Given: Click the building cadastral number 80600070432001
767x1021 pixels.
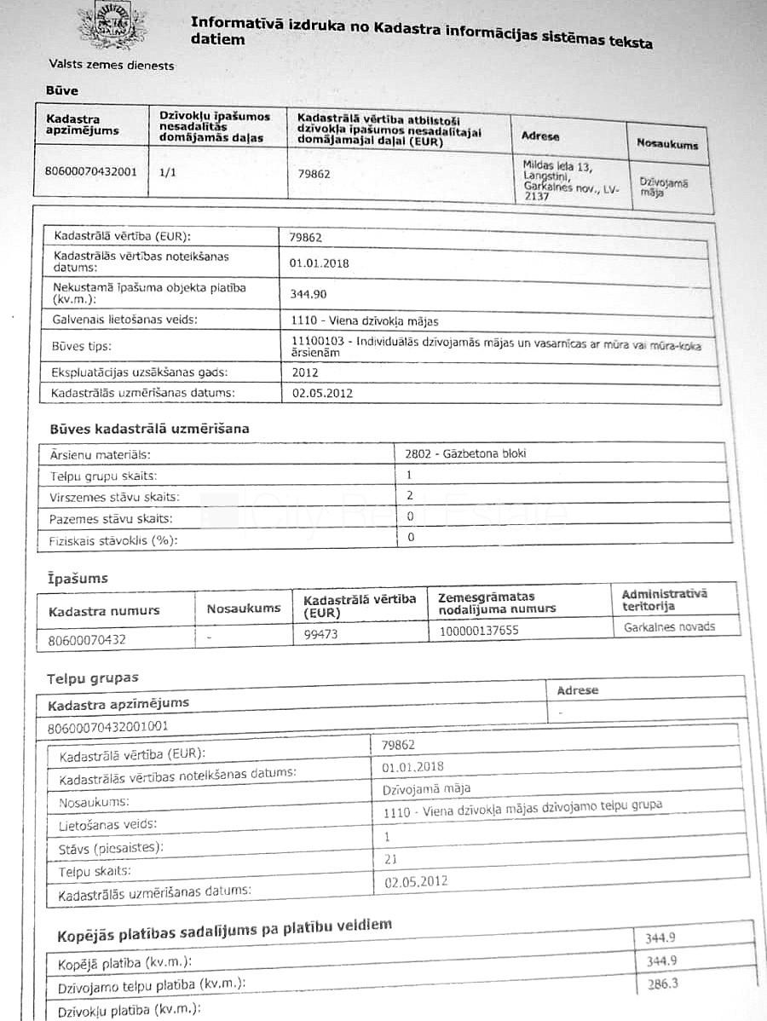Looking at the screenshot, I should (x=90, y=170).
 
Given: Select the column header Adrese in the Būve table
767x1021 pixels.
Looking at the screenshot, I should (x=540, y=136).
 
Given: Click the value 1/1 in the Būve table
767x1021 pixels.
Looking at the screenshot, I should (x=168, y=170).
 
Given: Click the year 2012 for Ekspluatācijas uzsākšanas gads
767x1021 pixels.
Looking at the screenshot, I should (x=304, y=372).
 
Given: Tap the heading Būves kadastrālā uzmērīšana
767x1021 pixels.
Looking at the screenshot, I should (x=149, y=429).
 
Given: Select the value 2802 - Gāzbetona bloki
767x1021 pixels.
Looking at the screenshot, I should (x=466, y=453).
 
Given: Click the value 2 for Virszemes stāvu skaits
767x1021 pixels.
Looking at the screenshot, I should (x=410, y=494).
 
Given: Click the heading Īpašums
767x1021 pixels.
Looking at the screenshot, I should (x=78, y=579).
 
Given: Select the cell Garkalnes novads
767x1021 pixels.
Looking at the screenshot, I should (x=669, y=626).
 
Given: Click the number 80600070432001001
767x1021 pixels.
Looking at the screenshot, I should (x=109, y=726).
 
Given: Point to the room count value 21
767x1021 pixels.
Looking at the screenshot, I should (x=391, y=859).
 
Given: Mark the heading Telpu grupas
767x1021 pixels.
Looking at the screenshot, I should (x=92, y=678).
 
